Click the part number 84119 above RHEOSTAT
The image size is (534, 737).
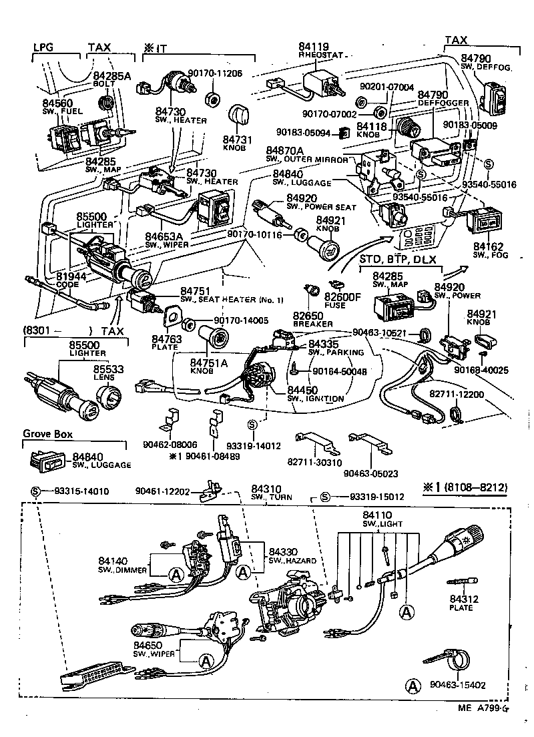click(314, 47)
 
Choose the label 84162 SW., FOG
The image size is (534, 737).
click(489, 250)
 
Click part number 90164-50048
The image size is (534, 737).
click(339, 371)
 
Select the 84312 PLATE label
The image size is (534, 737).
click(461, 603)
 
